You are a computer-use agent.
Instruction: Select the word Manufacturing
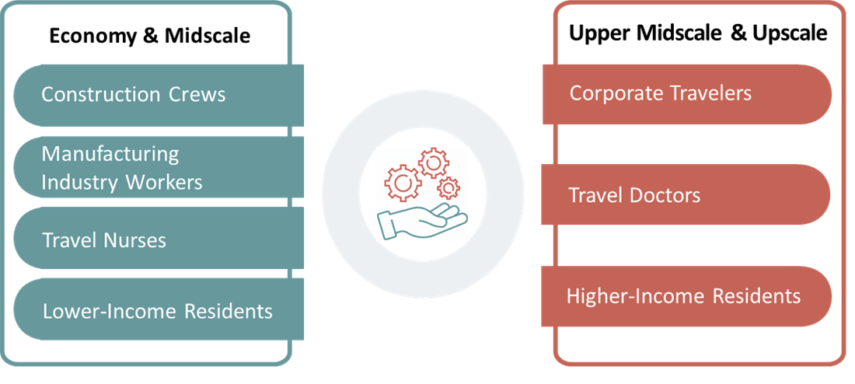click(x=110, y=153)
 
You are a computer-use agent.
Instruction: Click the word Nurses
click(x=135, y=239)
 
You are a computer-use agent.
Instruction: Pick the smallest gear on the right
click(x=448, y=187)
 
